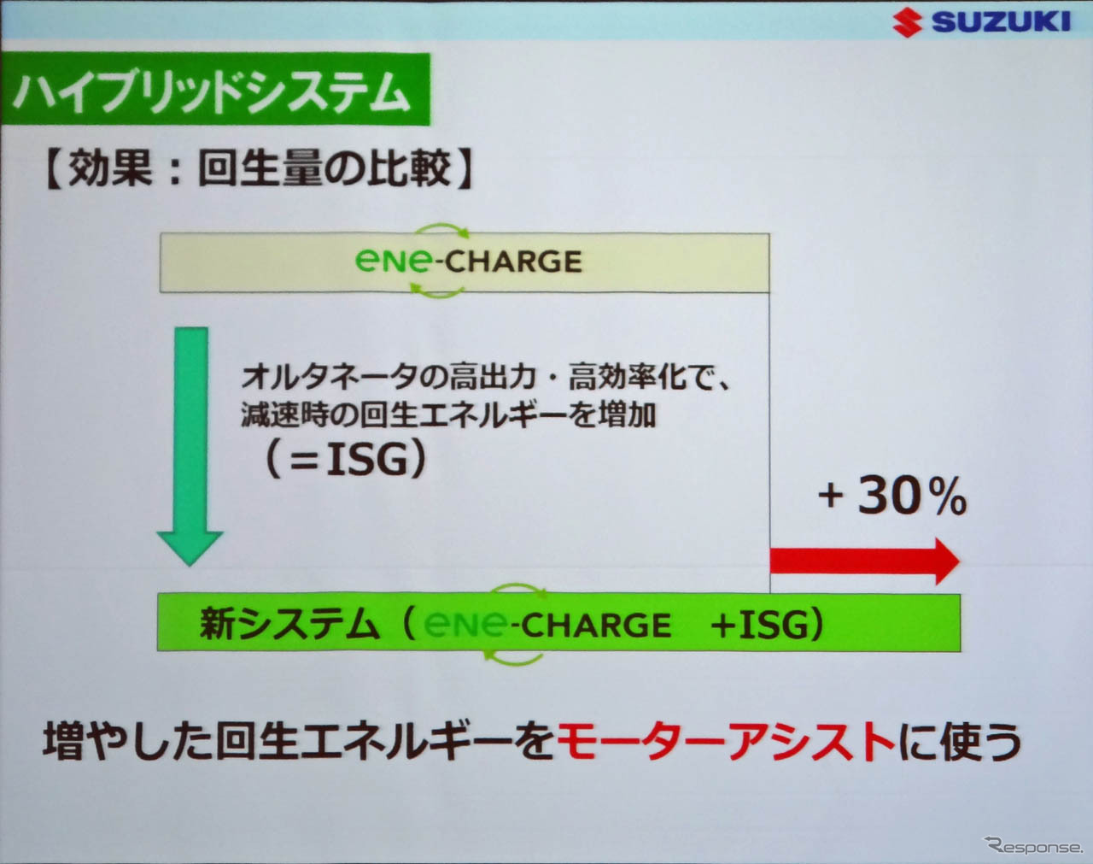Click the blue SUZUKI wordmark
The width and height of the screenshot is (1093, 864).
tap(1001, 22)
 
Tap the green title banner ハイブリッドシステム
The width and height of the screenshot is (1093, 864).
tap(215, 90)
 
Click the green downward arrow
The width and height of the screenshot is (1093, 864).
tap(190, 446)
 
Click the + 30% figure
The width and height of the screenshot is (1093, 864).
tap(893, 497)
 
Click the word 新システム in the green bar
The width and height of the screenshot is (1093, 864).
tap(289, 624)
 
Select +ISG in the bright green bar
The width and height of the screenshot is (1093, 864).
tap(766, 624)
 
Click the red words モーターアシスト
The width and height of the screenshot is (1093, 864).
tap(727, 742)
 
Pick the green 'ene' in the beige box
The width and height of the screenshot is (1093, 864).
tap(395, 262)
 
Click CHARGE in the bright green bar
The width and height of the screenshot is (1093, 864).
tap(595, 625)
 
